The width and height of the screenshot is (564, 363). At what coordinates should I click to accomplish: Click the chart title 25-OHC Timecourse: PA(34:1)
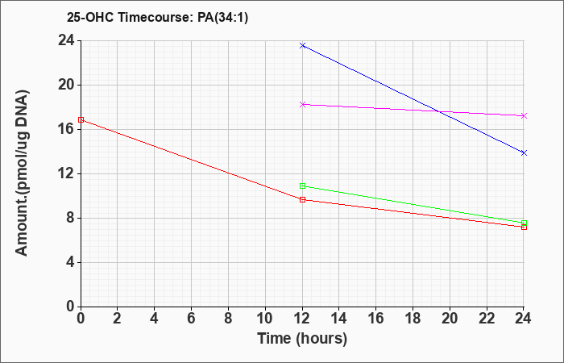click(x=157, y=17)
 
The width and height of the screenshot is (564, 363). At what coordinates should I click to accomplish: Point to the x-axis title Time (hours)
click(x=302, y=339)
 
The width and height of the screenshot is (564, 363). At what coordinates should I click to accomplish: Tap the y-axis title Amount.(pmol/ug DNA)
click(x=23, y=173)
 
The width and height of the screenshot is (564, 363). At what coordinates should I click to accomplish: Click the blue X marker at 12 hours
click(x=302, y=45)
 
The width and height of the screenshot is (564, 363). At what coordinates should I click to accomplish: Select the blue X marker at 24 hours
click(x=524, y=153)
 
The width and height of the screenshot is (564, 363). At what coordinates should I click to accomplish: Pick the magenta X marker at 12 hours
click(x=302, y=104)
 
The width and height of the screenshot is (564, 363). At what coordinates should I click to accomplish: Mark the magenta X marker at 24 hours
click(x=524, y=115)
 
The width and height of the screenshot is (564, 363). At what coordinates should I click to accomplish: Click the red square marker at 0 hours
click(x=81, y=119)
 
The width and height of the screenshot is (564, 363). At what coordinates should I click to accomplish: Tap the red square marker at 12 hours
click(x=302, y=199)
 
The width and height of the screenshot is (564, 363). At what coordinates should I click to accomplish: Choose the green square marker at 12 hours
click(x=302, y=186)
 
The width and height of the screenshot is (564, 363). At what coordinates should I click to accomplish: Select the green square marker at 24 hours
click(x=524, y=223)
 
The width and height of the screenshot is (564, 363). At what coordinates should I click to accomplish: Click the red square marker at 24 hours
click(x=524, y=227)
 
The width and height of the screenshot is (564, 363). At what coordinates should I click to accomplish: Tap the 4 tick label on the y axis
click(x=71, y=262)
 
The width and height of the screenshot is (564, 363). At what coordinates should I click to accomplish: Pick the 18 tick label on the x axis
click(x=413, y=319)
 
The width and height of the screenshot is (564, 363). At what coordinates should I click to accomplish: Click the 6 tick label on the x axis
click(x=192, y=319)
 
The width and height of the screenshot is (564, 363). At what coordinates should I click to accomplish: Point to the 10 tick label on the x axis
click(x=265, y=319)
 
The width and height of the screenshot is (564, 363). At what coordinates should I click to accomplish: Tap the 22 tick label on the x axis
click(x=487, y=319)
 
